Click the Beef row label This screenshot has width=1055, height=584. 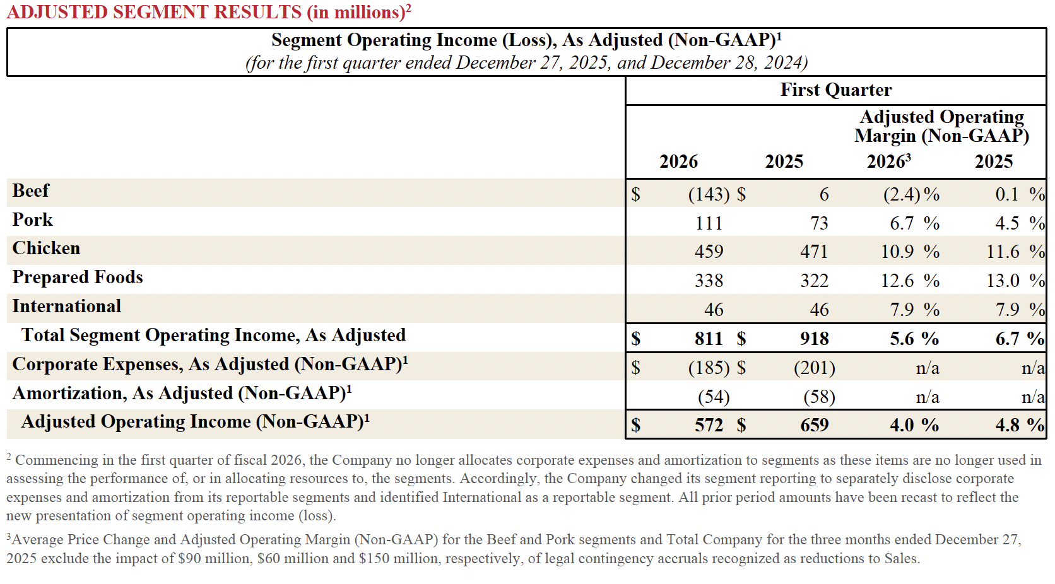30,191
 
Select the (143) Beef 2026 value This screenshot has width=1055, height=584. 709,194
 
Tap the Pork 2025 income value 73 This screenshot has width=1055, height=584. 819,223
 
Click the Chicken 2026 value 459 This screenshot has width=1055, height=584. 709,252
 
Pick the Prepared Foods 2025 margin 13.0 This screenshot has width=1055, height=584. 1003,281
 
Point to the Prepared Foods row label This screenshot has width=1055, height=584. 78,277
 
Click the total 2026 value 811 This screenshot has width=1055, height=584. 709,339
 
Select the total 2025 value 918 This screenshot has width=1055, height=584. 814,339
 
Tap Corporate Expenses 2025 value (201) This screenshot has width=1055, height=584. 814,368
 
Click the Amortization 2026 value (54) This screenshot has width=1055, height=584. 714,397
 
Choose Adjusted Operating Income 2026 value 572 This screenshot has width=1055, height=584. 709,425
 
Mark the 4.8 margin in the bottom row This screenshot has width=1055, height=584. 1008,425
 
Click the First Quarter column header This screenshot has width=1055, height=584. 835,90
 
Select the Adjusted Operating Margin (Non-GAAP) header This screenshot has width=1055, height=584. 941,126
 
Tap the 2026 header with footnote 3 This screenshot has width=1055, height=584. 888,161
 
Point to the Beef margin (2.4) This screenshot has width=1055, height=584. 902,194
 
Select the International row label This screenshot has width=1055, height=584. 66,307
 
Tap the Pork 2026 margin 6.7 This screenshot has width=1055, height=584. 902,223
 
